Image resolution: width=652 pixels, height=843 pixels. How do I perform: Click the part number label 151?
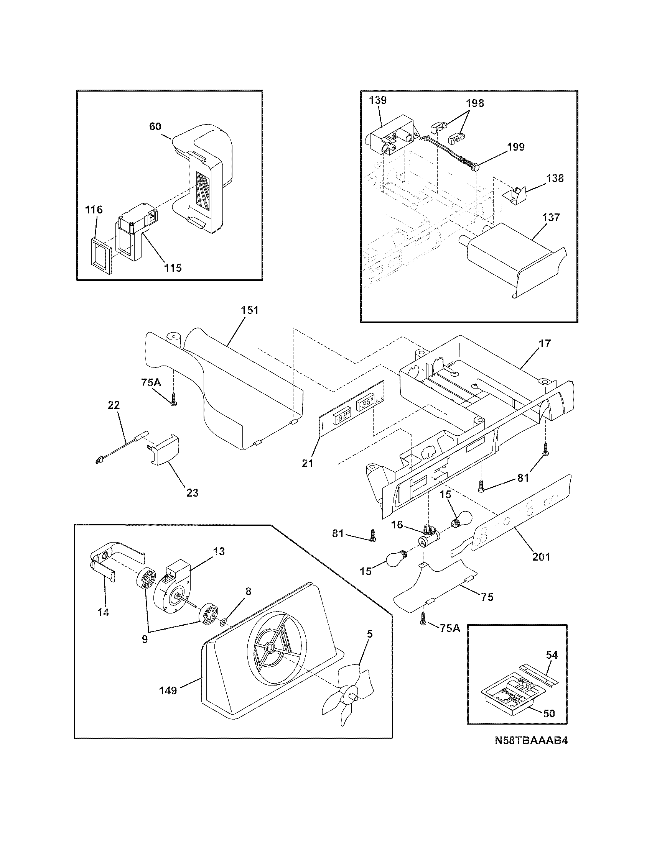pyautogui.click(x=250, y=310)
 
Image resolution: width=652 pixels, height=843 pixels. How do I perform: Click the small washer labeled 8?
pyautogui.click(x=223, y=622)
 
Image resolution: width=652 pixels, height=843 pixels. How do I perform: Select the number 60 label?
pyautogui.click(x=155, y=126)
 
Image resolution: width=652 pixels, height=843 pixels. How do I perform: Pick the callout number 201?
pyautogui.click(x=541, y=556)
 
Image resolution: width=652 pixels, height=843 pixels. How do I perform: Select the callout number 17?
pyautogui.click(x=545, y=343)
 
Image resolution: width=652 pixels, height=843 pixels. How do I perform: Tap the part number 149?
pyautogui.click(x=168, y=690)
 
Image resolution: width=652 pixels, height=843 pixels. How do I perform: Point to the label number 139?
pyautogui.click(x=377, y=100)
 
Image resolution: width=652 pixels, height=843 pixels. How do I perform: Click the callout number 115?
pyautogui.click(x=173, y=268)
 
